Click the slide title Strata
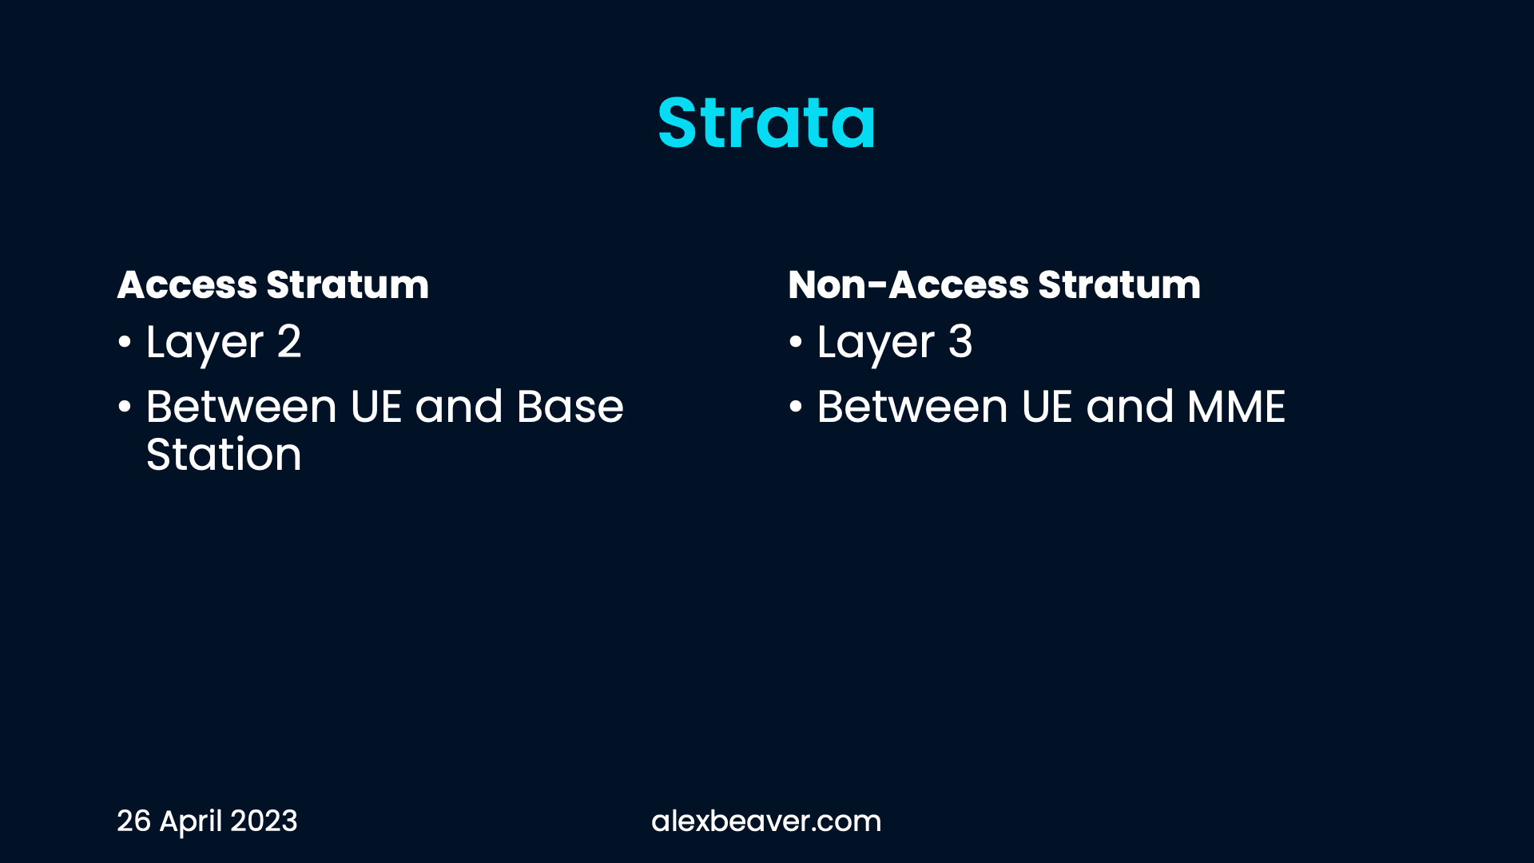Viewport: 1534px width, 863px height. [767, 123]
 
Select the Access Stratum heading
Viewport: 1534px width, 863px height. [273, 284]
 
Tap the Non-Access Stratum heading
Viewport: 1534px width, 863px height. [994, 284]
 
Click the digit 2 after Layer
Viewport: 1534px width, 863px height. [289, 341]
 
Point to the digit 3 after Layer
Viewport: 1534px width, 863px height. [960, 341]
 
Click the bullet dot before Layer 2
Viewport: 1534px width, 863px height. [124, 343]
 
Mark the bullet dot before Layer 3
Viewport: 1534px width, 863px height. [795, 343]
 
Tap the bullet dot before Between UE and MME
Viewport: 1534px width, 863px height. [795, 407]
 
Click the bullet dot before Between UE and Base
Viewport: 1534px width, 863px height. [124, 407]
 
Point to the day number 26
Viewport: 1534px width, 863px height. [133, 821]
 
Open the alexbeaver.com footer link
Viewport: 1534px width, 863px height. [766, 821]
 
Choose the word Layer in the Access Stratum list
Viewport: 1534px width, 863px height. [205, 344]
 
